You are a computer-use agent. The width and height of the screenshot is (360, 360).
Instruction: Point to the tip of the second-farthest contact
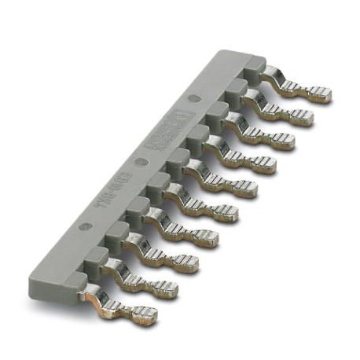point(303,117)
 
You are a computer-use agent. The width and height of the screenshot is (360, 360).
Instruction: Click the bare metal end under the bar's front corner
point(89,295)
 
